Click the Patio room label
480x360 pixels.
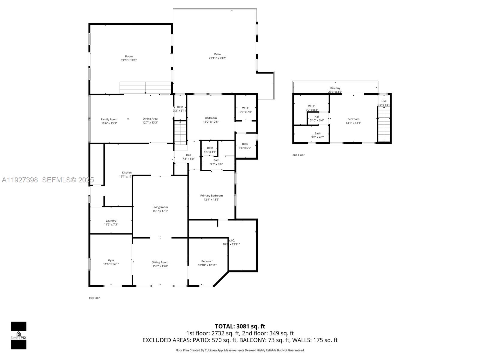point(217,54)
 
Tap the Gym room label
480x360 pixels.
point(111,260)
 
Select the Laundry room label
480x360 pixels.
point(111,221)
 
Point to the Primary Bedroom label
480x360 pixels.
point(211,196)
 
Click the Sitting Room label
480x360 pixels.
point(160,262)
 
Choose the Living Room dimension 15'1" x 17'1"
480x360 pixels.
point(160,211)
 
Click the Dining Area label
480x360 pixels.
point(150,119)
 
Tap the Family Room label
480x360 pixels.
point(109,119)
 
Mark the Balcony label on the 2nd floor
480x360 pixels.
point(335,88)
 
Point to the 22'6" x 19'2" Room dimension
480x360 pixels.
point(129,60)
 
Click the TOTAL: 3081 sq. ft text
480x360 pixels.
point(240,326)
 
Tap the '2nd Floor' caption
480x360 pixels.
point(298,155)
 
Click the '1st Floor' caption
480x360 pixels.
point(94,298)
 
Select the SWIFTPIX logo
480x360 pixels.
point(19,335)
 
